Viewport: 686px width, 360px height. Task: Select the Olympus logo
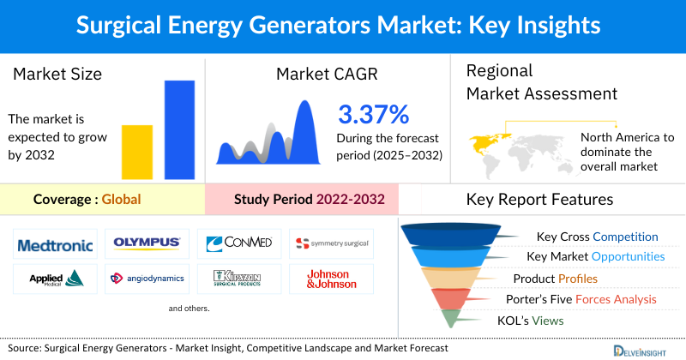[147, 243]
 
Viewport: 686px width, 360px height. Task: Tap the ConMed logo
[239, 243]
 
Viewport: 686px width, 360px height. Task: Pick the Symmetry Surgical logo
[331, 244]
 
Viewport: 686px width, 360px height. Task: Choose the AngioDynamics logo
[147, 278]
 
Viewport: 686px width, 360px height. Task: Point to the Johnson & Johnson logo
[331, 278]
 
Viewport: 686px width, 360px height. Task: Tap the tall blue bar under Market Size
[179, 129]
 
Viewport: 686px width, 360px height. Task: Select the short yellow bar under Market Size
[136, 152]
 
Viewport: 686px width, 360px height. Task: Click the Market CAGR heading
[328, 75]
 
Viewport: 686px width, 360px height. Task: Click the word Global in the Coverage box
[121, 200]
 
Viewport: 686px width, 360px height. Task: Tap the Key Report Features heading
[539, 200]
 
